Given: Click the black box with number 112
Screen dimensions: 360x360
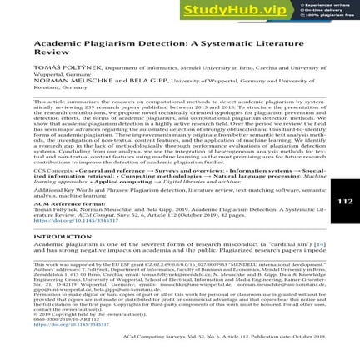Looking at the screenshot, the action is tap(345, 201).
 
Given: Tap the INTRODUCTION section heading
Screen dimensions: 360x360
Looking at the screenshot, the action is tap(62, 236).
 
